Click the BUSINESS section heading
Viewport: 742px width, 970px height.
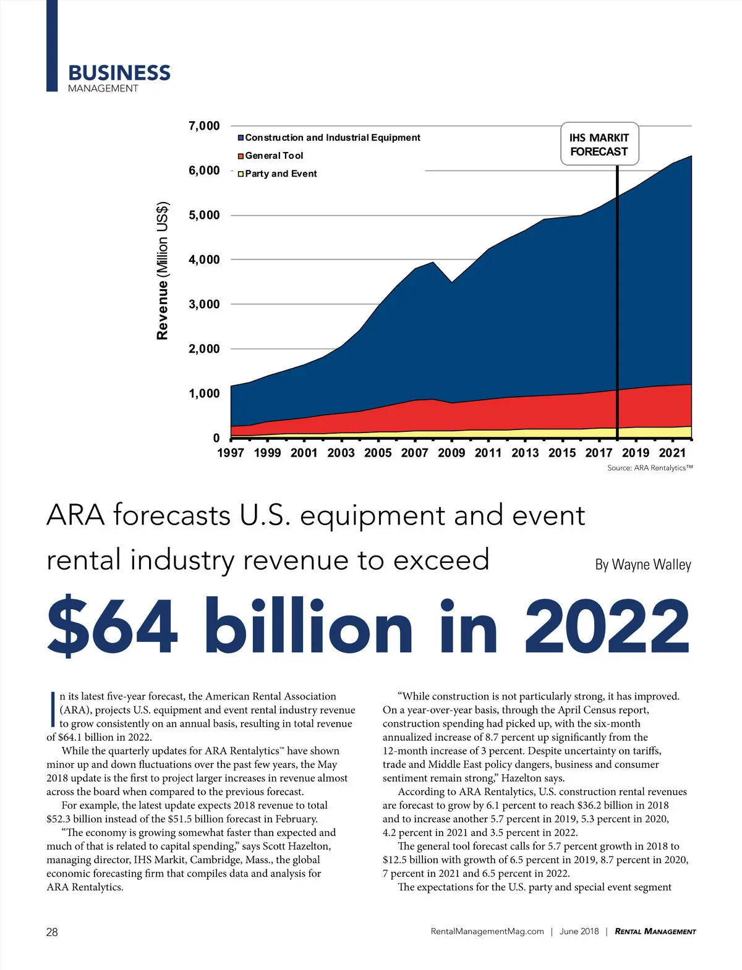coord(119,73)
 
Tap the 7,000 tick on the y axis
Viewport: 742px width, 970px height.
coord(204,126)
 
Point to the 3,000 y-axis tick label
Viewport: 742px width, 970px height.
coord(204,304)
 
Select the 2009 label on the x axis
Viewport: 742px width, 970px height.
coord(451,453)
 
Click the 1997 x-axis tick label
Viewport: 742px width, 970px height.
coord(231,453)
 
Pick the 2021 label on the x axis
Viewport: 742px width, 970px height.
coord(672,453)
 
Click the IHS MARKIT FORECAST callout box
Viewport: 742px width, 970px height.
coord(599,145)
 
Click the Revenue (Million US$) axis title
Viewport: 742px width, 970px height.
coord(163,271)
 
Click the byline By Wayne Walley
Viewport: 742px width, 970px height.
coord(643,564)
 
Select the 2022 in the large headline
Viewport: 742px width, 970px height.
coord(607,625)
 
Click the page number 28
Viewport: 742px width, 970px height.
coord(52,932)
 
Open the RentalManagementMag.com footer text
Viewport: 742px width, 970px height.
coord(487,932)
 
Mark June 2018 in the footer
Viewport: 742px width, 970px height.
coord(579,932)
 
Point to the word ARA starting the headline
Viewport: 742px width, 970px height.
coord(75,516)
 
